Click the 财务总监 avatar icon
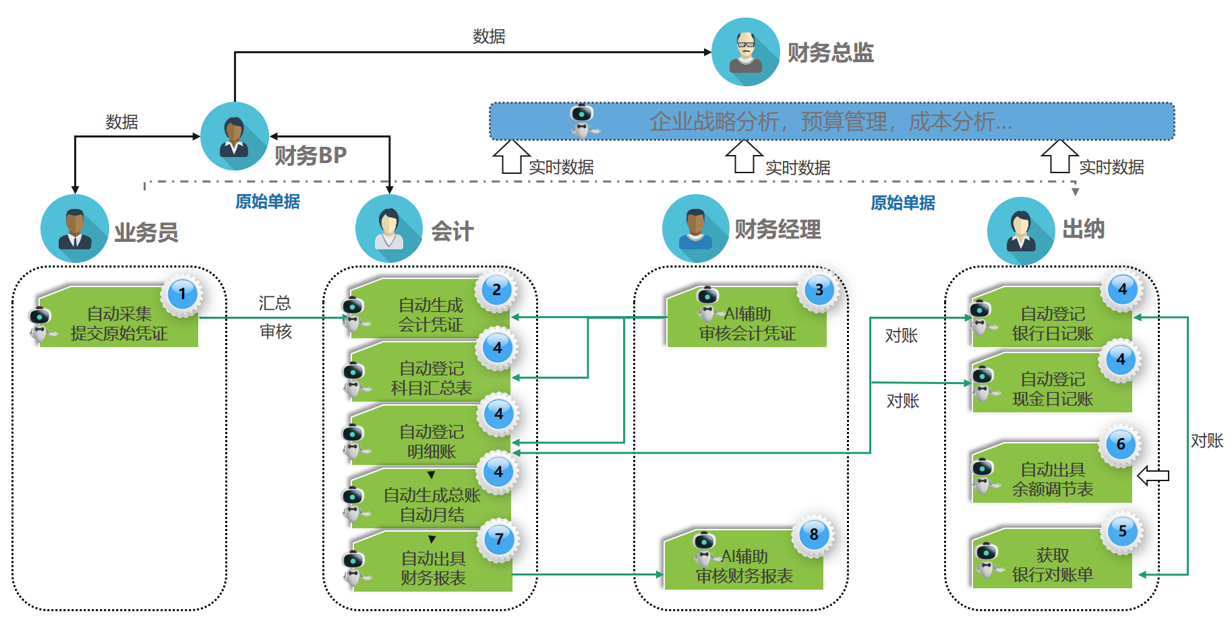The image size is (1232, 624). pyautogui.click(x=745, y=52)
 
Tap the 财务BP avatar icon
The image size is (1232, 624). pyautogui.click(x=235, y=136)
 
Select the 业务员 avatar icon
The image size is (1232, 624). pyautogui.click(x=74, y=228)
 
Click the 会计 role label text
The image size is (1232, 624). pyautogui.click(x=452, y=231)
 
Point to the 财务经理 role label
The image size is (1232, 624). pyautogui.click(x=778, y=229)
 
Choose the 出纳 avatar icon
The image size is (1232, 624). pyautogui.click(x=1021, y=230)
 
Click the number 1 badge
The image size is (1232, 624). pyautogui.click(x=182, y=294)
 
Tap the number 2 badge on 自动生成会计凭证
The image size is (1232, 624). pyautogui.click(x=496, y=290)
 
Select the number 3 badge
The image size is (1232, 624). pyautogui.click(x=819, y=290)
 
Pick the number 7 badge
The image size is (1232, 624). pyautogui.click(x=499, y=539)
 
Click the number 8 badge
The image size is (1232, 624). pyautogui.click(x=814, y=534)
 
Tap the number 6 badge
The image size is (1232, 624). pyautogui.click(x=1121, y=444)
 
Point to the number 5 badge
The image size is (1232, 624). pyautogui.click(x=1123, y=531)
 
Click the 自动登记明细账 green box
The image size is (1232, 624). pyautogui.click(x=432, y=441)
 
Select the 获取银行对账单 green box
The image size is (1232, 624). pyautogui.click(x=1052, y=565)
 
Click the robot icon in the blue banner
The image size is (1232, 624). pyautogui.click(x=581, y=121)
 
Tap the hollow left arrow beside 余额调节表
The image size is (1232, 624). pyautogui.click(x=1153, y=476)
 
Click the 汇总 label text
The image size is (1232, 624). pyautogui.click(x=274, y=303)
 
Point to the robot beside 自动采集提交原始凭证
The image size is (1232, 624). pyautogui.click(x=40, y=325)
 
